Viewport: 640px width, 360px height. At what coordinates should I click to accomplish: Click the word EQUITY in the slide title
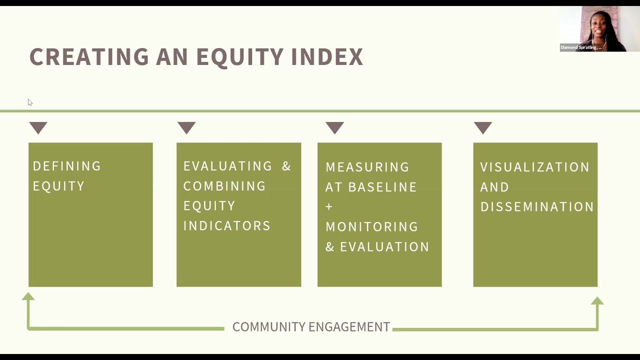coord(240,57)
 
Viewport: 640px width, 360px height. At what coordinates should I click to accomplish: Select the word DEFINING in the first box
coord(67,166)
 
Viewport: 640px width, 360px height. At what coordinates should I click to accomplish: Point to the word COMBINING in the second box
coord(224,186)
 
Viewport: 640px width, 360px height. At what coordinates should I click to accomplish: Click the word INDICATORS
coord(227,226)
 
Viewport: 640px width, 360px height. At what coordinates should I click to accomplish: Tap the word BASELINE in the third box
coord(382,187)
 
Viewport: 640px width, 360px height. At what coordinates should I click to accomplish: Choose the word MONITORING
coord(372,227)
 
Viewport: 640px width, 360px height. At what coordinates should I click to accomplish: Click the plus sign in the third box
coord(329,206)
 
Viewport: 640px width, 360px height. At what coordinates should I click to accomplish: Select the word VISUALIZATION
coord(535,167)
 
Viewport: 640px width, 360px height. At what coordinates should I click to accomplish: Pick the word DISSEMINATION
coord(537,207)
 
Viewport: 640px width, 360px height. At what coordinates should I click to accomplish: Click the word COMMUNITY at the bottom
coord(269,327)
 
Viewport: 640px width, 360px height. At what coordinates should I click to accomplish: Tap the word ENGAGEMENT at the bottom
coord(349,327)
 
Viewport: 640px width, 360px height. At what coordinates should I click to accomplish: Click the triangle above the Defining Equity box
coord(38,127)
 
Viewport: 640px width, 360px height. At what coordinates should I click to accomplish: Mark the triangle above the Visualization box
coord(483,127)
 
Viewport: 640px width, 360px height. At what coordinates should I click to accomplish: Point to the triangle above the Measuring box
coord(334,127)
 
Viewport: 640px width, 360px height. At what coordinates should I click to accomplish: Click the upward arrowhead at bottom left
coord(28,297)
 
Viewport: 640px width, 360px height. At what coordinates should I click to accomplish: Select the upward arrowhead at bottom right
coord(597,301)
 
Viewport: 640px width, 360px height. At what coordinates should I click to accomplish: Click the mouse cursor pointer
coord(30,102)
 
